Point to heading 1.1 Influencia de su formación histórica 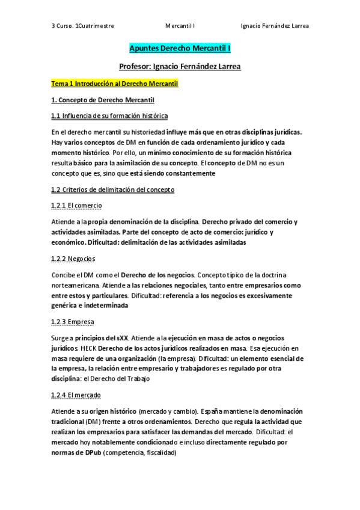point(109,115)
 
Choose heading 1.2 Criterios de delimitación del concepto point(113,189)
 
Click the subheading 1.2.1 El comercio point(76,206)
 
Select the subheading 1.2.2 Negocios point(73,259)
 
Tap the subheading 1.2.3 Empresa point(73,322)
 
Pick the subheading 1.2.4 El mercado point(76,395)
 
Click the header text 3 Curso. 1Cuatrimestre point(83,26)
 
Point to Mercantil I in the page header point(184,26)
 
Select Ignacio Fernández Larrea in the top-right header point(274,26)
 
